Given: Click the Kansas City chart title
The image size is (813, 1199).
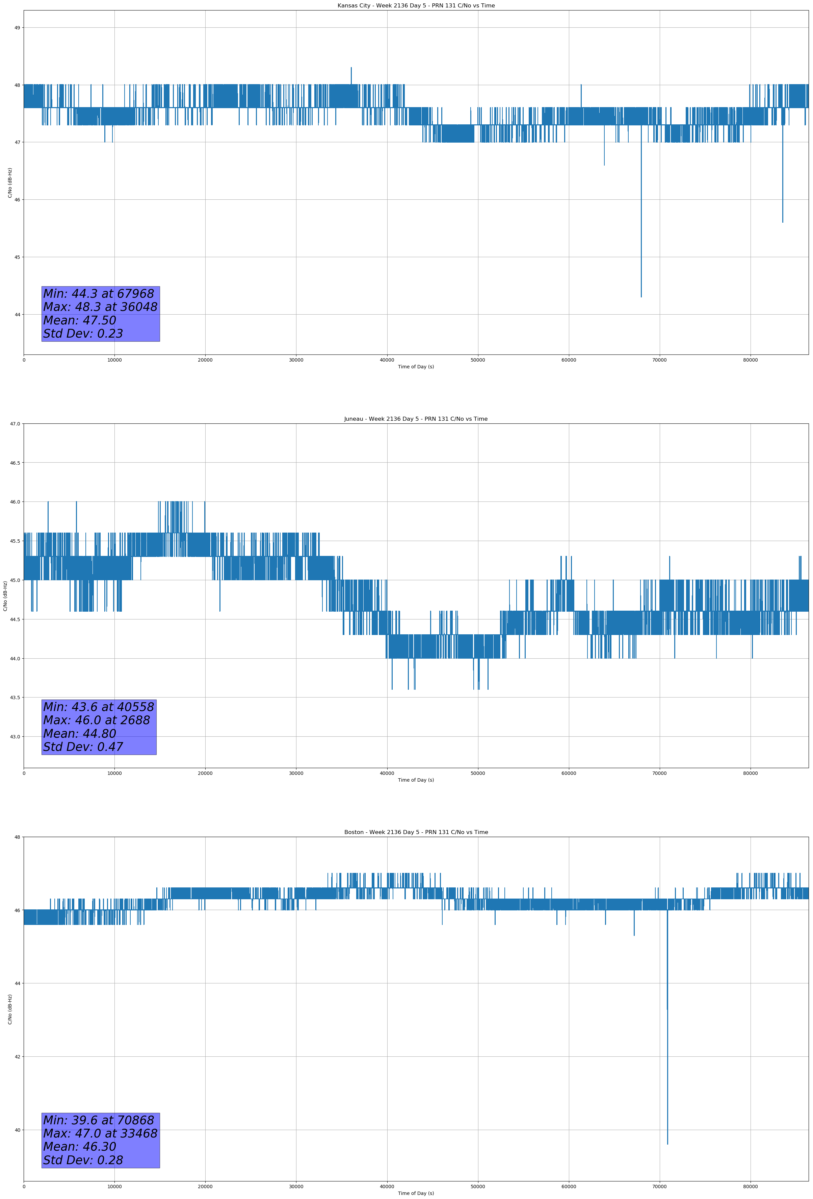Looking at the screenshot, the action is coord(416,6).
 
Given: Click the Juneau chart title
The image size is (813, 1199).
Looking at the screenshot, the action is coord(416,419).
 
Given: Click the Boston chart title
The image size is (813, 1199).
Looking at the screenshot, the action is coord(416,832).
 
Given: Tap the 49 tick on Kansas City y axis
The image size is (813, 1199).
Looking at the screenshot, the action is coord(17,28).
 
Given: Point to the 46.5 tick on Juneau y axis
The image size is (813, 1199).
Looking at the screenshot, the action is coord(15,463).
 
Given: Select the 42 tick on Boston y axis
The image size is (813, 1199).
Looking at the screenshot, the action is coord(17,1057).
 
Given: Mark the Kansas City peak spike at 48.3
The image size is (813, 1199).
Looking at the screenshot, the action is coord(351,68).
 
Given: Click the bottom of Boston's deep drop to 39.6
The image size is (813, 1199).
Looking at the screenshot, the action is coord(667,1144).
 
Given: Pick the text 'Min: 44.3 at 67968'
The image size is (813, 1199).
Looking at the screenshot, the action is coord(99,294).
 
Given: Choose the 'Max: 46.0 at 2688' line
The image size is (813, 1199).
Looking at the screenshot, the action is coord(97,720).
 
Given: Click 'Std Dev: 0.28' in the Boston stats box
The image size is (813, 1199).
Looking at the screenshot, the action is coord(83,1160).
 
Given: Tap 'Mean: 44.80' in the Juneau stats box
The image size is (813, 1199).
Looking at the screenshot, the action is coord(79,734).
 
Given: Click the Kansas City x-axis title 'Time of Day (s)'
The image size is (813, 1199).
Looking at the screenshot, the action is coord(416,367).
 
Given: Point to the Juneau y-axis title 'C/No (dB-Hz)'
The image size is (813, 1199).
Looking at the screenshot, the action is coord(5,596).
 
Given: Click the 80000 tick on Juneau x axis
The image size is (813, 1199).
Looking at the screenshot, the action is coord(750,773).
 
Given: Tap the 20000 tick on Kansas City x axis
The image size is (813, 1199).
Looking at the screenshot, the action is coord(205,360).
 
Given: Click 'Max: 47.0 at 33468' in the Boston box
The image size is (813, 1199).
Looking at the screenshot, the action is coord(100,1133).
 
